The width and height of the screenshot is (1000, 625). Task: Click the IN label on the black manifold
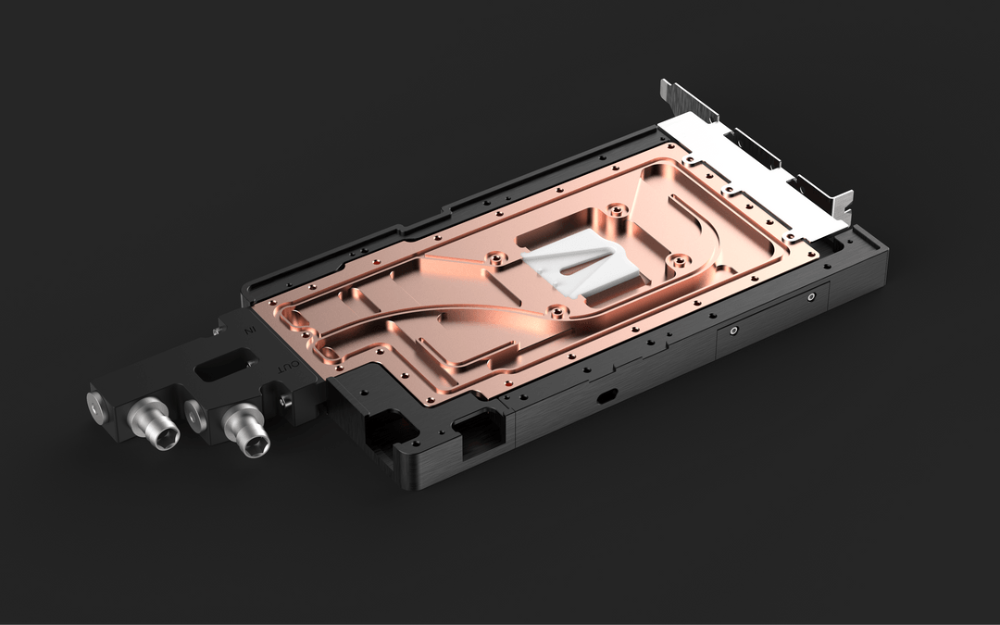247,330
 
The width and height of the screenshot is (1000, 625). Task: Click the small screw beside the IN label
220,328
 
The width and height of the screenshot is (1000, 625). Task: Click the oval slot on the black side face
607,395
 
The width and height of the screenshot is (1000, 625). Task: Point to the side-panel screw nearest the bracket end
811,297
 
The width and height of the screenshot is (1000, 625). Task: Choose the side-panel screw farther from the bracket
733,331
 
